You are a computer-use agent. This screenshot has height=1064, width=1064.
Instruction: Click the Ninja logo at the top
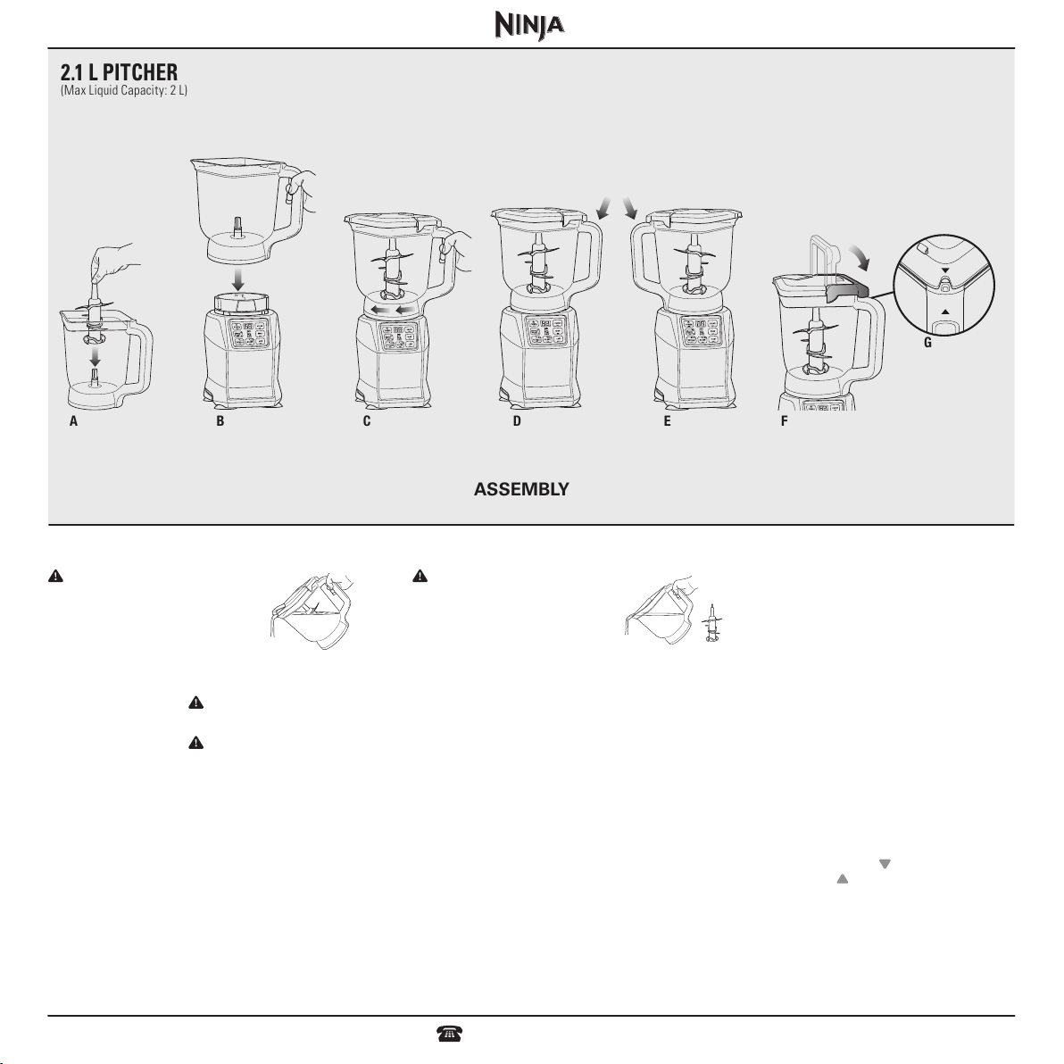pos(529,26)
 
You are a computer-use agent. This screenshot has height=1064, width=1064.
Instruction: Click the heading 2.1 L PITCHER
pos(119,72)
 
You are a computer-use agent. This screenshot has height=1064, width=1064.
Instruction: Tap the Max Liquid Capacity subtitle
pos(123,90)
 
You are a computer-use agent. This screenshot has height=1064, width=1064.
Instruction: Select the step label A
pos(73,421)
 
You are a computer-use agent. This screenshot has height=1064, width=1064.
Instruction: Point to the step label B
pos(220,421)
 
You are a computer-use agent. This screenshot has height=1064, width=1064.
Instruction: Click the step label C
pos(367,421)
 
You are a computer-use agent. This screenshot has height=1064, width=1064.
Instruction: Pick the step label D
pos(517,421)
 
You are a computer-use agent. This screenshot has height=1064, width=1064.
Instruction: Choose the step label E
pos(667,421)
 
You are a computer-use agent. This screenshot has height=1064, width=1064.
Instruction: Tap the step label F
pos(784,421)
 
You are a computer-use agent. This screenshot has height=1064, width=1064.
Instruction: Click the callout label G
pos(927,343)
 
